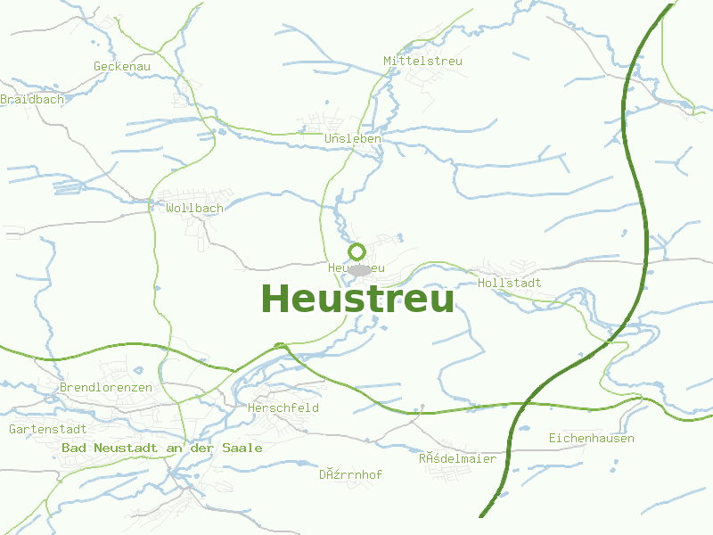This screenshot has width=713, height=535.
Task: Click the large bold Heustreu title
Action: click(x=357, y=299)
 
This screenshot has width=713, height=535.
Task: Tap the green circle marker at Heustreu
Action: click(x=356, y=251)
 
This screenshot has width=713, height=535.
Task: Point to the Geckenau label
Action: click(x=122, y=66)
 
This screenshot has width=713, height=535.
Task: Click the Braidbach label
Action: click(x=32, y=99)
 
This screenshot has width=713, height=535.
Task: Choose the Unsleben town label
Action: click(x=353, y=139)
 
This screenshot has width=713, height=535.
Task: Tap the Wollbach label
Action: click(x=194, y=208)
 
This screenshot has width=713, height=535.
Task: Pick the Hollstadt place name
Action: click(x=510, y=283)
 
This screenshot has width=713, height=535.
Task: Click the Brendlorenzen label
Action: click(x=105, y=388)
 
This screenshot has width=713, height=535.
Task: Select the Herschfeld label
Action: click(x=283, y=407)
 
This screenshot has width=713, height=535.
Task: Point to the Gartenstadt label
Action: click(x=47, y=429)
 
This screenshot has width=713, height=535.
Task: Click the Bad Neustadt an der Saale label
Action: click(x=161, y=448)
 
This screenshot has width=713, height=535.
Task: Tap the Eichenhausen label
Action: click(x=591, y=438)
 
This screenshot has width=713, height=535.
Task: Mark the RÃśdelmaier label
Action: click(x=457, y=458)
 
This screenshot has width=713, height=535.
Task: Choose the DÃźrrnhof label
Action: click(x=350, y=474)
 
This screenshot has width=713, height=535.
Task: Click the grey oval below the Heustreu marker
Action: click(x=359, y=269)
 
